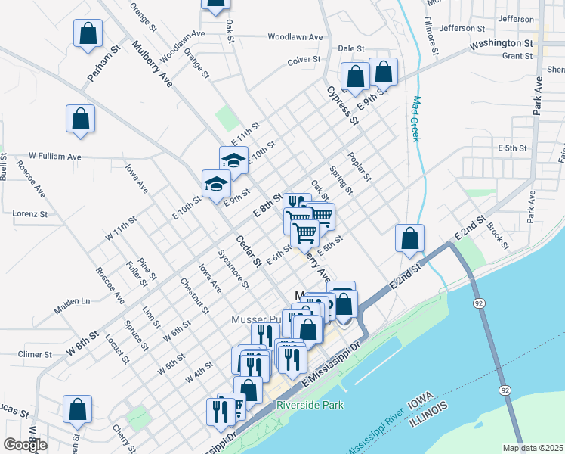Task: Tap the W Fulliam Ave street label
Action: (54, 157)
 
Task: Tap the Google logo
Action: (25, 446)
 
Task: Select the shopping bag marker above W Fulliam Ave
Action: (81, 119)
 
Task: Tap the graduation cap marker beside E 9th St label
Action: (216, 184)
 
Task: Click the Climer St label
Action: (35, 354)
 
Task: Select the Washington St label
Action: (501, 44)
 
